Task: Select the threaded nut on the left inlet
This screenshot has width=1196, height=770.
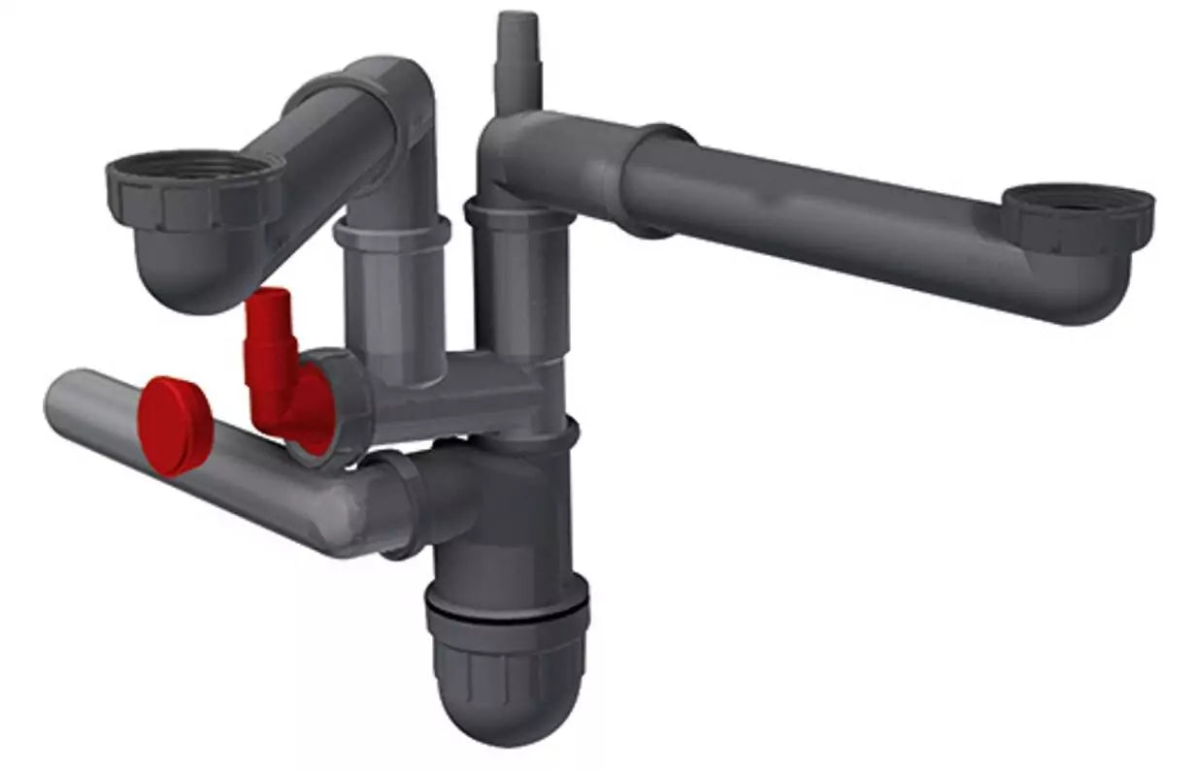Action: (194, 194)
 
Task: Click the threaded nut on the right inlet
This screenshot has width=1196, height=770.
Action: (1078, 218)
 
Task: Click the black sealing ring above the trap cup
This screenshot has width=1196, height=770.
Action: (507, 614)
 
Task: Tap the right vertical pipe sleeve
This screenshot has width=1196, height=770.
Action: (519, 281)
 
